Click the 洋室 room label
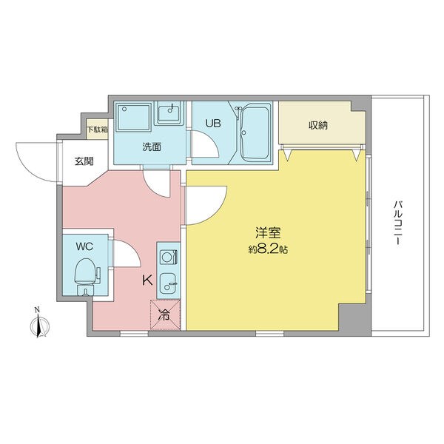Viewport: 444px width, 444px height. tap(268, 234)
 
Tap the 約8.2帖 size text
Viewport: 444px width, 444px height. tap(268, 249)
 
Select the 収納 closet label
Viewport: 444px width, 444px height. tap(318, 125)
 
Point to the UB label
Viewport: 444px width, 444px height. tap(213, 124)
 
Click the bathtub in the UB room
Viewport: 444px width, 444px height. tap(255, 133)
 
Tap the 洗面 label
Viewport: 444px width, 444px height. tap(152, 147)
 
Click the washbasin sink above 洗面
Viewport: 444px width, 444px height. tap(169, 113)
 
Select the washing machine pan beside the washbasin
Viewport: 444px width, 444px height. tap(134, 117)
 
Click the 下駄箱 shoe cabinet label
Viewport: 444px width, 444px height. tap(97, 130)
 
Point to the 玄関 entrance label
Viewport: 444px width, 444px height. tap(84, 161)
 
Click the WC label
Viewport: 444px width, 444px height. tap(84, 246)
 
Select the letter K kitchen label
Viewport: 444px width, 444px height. tap(147, 280)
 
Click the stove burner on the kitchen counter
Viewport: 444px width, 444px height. tap(168, 257)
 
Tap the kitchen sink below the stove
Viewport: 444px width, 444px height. tap(168, 283)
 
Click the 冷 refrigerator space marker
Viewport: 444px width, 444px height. tap(165, 314)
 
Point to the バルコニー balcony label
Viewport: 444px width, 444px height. tap(398, 223)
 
